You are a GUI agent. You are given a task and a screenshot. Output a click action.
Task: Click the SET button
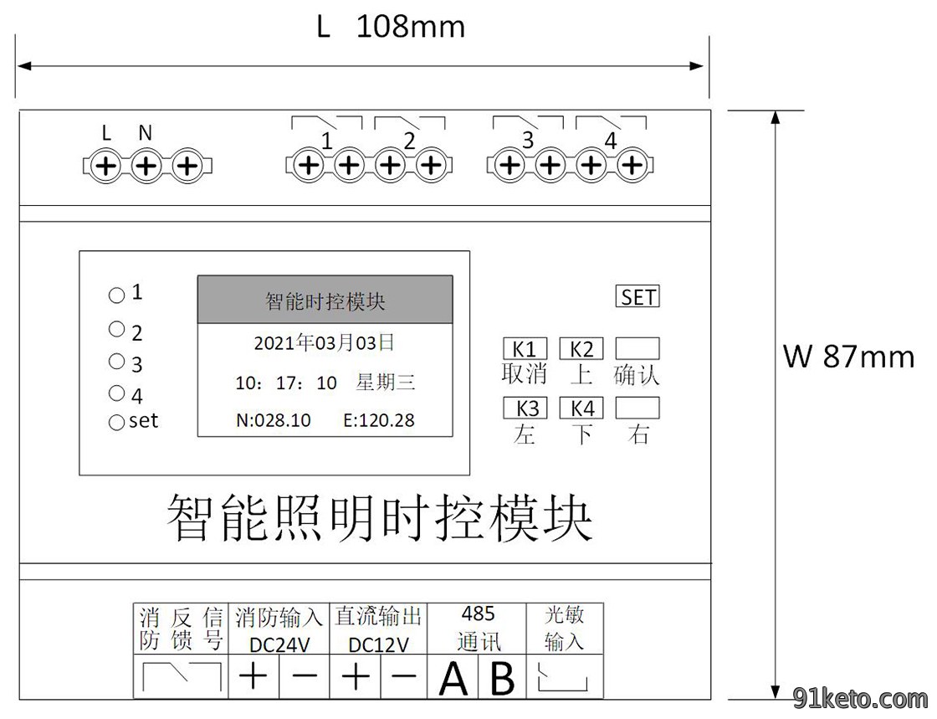[637, 297]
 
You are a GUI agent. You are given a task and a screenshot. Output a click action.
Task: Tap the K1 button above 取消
[525, 348]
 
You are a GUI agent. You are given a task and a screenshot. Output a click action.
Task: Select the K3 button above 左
[525, 408]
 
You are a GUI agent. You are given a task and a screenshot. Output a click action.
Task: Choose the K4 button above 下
[581, 408]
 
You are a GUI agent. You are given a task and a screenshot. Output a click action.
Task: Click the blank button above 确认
[637, 348]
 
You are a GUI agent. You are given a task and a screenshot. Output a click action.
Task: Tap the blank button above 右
[637, 408]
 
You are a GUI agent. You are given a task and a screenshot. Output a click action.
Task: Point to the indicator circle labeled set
[116, 423]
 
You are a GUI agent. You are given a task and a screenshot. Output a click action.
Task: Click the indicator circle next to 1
[116, 295]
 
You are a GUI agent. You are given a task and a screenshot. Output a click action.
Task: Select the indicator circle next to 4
[116, 393]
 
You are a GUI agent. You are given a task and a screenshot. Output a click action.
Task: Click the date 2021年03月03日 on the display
[325, 343]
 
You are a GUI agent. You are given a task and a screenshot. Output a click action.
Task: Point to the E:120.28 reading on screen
[379, 420]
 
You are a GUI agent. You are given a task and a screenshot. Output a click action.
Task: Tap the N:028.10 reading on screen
[273, 420]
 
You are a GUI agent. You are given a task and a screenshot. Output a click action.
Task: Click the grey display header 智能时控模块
[325, 300]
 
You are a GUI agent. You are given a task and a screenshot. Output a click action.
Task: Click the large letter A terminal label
[453, 678]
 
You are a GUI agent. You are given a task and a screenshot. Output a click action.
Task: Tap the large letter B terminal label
[502, 678]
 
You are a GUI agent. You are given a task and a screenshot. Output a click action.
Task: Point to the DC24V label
[279, 645]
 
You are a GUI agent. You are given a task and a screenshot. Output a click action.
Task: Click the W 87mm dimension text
[848, 357]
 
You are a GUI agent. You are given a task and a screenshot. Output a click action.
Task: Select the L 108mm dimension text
[391, 27]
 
